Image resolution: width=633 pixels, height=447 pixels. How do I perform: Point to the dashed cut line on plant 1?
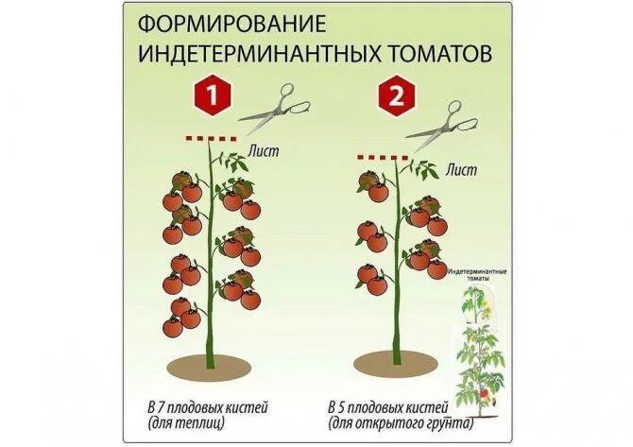coord(211,139)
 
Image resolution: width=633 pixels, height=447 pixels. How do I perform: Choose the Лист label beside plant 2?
coord(461,171)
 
